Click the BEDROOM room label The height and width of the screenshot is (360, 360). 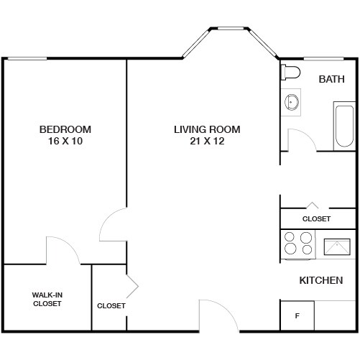(x=65, y=129)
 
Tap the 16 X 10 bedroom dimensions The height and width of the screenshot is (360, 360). (x=65, y=141)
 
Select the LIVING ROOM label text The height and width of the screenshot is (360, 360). (x=207, y=129)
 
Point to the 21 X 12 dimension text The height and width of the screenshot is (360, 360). (x=207, y=141)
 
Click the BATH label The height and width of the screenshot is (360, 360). (x=332, y=78)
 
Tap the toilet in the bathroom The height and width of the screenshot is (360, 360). (x=289, y=73)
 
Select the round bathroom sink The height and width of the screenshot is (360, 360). (x=293, y=102)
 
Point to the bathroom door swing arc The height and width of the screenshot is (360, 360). (x=300, y=138)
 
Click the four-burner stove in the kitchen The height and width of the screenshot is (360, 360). (x=298, y=243)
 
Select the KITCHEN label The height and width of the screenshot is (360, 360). (x=320, y=280)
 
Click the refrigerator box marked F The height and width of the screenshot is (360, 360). (x=297, y=315)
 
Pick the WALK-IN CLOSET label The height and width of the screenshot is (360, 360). (x=47, y=299)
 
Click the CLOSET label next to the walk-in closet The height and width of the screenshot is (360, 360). (x=111, y=305)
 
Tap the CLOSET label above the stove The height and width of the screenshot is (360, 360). (x=316, y=218)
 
